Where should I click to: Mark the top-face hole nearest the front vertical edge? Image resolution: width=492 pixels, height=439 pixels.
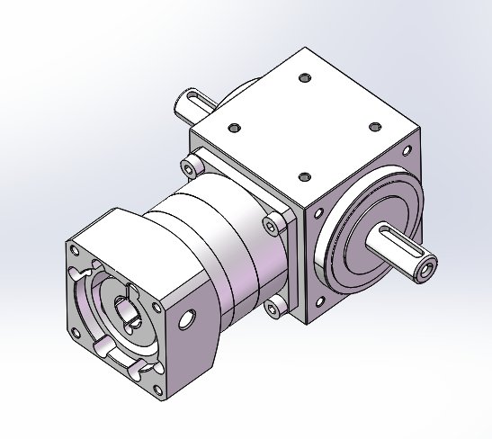click(x=304, y=176)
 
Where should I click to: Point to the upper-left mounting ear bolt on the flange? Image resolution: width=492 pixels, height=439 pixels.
click(x=190, y=166)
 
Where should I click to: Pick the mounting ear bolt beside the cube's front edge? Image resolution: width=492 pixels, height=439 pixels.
click(x=269, y=223)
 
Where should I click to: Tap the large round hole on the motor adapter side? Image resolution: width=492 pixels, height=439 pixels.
click(x=187, y=319)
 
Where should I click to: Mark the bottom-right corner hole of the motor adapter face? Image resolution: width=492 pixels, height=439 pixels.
click(x=142, y=364)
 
